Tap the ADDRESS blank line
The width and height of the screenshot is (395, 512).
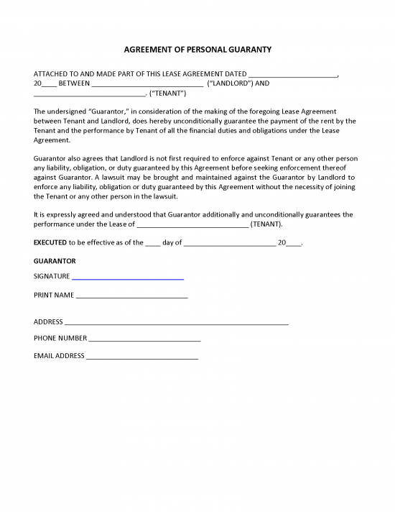(176, 324)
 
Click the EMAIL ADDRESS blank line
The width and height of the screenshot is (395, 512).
(142, 357)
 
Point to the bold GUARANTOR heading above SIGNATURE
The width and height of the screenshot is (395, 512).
(55, 260)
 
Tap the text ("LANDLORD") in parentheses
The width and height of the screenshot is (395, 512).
(231, 83)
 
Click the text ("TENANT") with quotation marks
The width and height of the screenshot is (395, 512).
(167, 93)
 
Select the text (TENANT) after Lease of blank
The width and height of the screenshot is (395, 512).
(266, 224)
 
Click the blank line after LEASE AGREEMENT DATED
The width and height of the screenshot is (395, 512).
(292, 75)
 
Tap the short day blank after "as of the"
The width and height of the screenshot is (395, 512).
(153, 244)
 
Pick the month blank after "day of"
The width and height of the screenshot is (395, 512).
(229, 244)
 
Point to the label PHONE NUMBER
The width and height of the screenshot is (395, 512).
(60, 338)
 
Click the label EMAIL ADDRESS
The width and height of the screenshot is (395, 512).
(59, 356)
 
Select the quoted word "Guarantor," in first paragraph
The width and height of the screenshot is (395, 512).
(108, 111)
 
